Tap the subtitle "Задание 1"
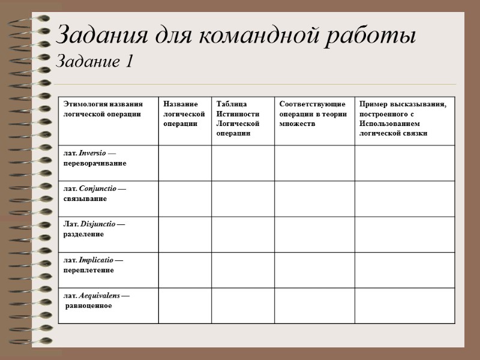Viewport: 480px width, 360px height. [94, 61]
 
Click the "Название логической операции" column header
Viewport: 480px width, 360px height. [181, 113]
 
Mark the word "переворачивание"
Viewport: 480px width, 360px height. [95, 163]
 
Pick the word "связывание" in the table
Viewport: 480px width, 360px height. [85, 198]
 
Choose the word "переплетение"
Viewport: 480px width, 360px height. [89, 270]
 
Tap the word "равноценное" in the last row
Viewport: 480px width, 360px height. [89, 305]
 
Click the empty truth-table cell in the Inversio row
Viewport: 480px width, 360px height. [242, 163]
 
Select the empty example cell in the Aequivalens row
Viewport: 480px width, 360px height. [404, 305]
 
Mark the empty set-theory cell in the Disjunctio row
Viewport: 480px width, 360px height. [314, 234]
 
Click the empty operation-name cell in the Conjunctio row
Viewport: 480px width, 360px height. [185, 198]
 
